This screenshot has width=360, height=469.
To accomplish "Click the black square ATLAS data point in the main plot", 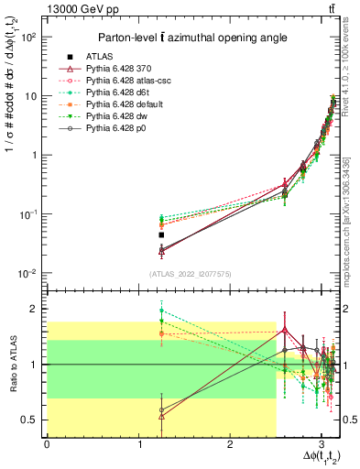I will point(161,235).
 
